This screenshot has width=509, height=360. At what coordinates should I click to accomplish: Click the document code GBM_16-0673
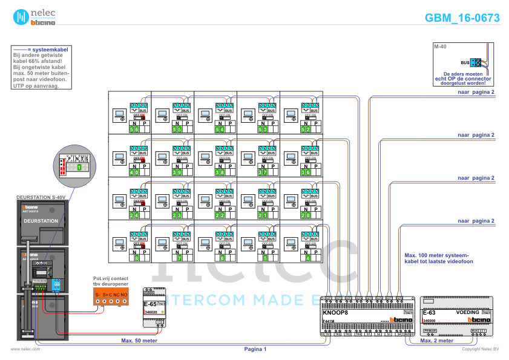tap(462, 18)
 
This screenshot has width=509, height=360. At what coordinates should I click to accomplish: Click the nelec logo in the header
tap(33, 17)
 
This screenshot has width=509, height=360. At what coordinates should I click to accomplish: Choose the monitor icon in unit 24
tap(119, 199)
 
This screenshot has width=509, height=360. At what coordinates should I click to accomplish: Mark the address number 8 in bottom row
tap(137, 258)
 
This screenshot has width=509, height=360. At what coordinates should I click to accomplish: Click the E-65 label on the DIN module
tap(150, 304)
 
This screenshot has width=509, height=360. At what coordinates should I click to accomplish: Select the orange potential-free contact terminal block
tap(110, 296)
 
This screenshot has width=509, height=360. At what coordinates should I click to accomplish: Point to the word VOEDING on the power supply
tap(469, 312)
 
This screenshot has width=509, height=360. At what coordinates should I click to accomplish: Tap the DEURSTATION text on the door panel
tap(41, 221)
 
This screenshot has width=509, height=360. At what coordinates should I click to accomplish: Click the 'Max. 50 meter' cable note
tap(139, 341)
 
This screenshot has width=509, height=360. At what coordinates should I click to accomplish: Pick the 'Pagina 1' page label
tap(255, 349)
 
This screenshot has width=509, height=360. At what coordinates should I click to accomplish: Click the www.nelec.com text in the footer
tap(25, 349)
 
